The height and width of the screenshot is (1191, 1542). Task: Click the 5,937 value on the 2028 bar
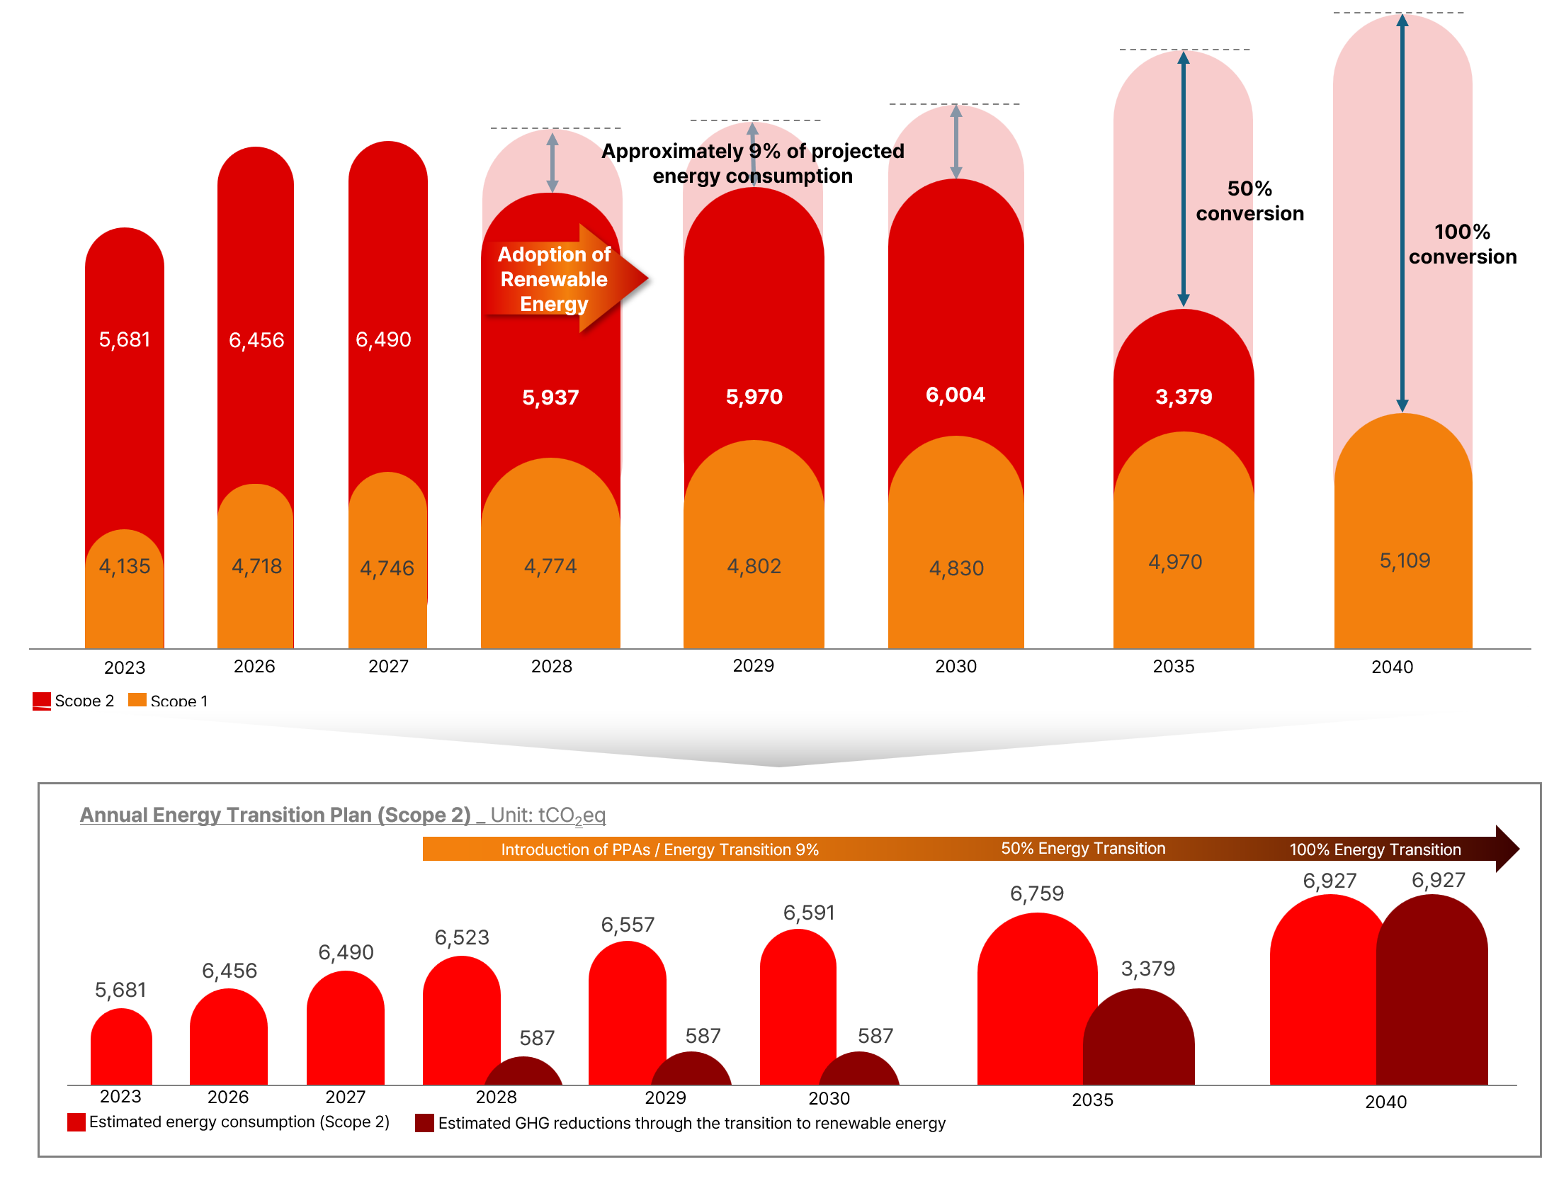pyautogui.click(x=550, y=397)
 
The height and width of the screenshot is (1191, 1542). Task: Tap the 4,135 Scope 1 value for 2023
pyautogui.click(x=125, y=566)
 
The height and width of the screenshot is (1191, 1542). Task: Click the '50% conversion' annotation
pyautogui.click(x=1249, y=201)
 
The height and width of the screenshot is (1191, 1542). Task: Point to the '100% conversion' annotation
pyautogui.click(x=1463, y=244)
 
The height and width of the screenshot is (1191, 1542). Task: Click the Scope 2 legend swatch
pyautogui.click(x=42, y=701)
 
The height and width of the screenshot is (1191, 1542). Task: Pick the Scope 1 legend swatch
pyautogui.click(x=137, y=700)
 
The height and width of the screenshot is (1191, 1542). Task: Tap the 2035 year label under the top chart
pyautogui.click(x=1174, y=667)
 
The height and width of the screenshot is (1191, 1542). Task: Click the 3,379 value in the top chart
pyautogui.click(x=1184, y=397)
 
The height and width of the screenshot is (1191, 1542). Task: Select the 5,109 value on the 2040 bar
pyautogui.click(x=1405, y=561)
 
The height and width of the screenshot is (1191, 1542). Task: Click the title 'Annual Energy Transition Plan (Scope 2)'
pyautogui.click(x=276, y=815)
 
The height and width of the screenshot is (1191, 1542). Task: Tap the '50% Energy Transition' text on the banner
pyautogui.click(x=1083, y=849)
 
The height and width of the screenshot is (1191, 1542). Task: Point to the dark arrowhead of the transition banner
pyautogui.click(x=1507, y=849)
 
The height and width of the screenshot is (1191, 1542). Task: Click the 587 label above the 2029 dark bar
pyautogui.click(x=703, y=1037)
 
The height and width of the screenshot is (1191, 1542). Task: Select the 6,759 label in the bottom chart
pyautogui.click(x=1037, y=893)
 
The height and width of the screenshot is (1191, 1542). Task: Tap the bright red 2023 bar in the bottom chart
pyautogui.click(x=121, y=1046)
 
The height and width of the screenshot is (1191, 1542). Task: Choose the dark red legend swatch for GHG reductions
pyautogui.click(x=424, y=1123)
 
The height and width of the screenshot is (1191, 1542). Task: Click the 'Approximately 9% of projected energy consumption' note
pyautogui.click(x=753, y=164)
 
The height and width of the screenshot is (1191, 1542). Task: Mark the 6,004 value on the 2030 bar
pyautogui.click(x=956, y=395)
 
